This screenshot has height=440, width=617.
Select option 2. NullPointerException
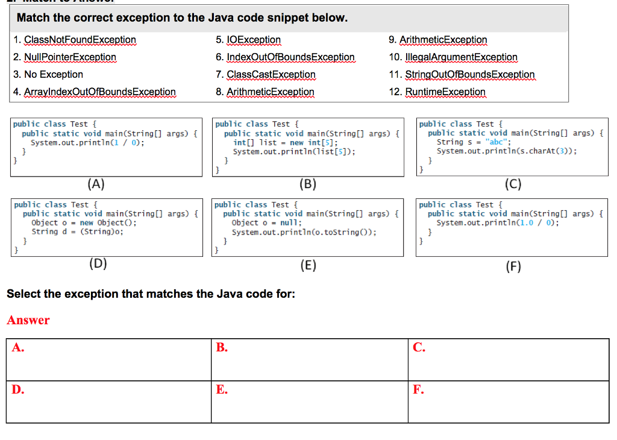click(x=64, y=57)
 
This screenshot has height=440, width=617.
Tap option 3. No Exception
click(x=48, y=75)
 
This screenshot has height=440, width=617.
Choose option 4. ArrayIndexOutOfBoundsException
click(x=94, y=92)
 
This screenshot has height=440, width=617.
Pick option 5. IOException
click(x=248, y=40)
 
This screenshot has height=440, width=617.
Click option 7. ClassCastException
click(x=266, y=75)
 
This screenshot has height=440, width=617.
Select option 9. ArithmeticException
click(x=438, y=40)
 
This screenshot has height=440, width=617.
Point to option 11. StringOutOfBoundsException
click(x=462, y=75)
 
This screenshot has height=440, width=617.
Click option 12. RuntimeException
click(x=437, y=92)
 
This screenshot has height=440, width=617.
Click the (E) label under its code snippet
click(x=308, y=265)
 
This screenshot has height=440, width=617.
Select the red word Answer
click(x=28, y=320)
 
